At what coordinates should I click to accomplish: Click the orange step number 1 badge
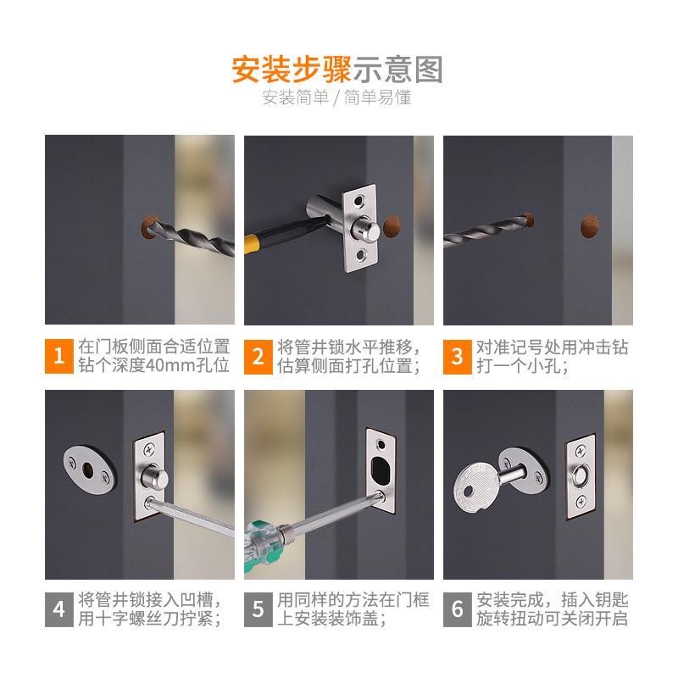point(58,356)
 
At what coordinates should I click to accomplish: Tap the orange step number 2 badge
point(258,356)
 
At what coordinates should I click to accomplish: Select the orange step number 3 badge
point(457,357)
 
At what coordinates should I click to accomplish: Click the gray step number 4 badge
point(58,609)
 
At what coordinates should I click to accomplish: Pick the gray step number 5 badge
point(258,609)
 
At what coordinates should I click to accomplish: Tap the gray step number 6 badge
point(457,609)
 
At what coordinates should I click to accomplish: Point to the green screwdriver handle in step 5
point(263,542)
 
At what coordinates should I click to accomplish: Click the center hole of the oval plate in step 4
point(88,470)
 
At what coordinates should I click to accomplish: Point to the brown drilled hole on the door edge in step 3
point(590,226)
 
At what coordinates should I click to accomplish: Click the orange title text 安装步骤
point(291,69)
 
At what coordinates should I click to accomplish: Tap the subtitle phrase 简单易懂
point(377,97)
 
